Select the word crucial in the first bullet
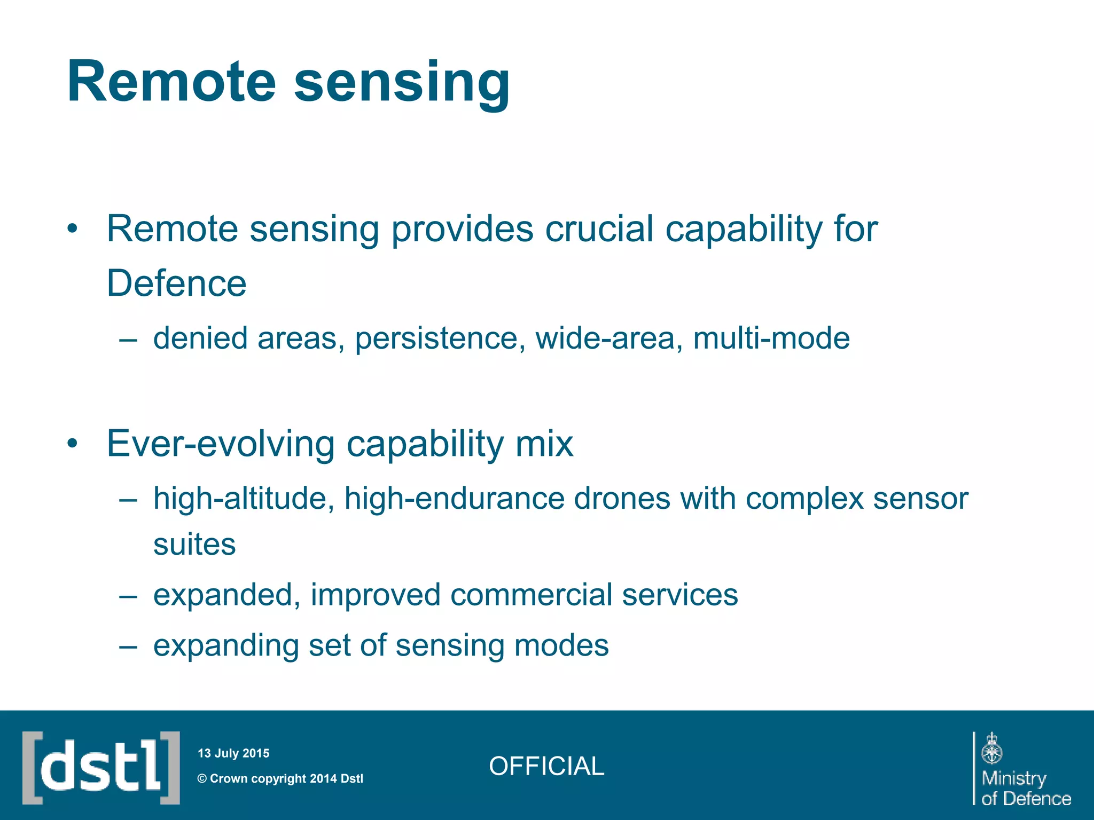pos(599,229)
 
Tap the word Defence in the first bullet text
pos(176,283)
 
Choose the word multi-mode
pos(771,338)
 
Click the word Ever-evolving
pos(220,444)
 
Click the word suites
pos(194,545)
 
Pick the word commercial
pos(530,595)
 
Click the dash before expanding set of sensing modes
pos(128,646)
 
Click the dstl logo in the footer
pos(101,768)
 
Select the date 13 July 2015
pos(233,753)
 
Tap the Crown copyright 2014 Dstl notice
pos(280,778)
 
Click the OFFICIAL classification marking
pos(546,766)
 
